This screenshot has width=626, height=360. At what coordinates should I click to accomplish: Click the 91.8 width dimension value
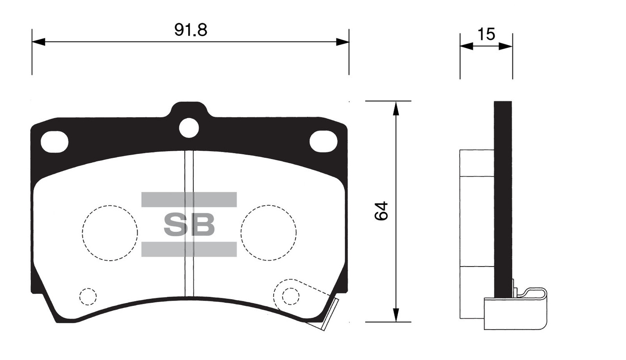tap(190, 30)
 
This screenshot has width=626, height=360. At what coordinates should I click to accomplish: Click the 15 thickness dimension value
tap(486, 34)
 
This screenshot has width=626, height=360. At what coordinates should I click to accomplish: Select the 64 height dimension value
tap(381, 211)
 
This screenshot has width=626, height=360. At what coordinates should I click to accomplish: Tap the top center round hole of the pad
tap(189, 128)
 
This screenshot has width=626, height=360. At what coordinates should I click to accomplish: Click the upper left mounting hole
tap(55, 142)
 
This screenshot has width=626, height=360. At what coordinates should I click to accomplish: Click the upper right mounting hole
tap(323, 142)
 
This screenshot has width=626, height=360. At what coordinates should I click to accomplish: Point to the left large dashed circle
tap(110, 233)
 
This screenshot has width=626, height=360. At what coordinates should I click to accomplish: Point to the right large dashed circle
tap(268, 233)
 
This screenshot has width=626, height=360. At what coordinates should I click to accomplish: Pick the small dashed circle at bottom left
tap(88, 296)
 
